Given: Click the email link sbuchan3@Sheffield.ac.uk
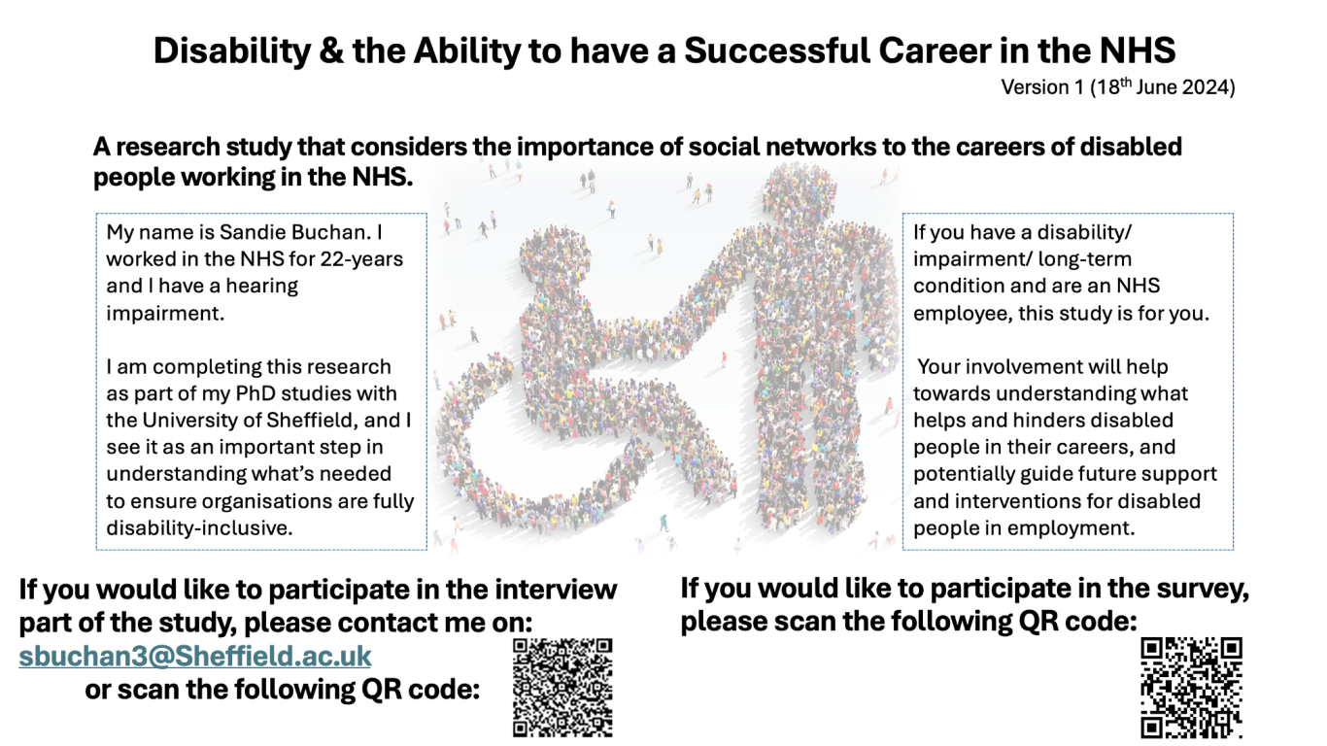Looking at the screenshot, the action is (195, 657).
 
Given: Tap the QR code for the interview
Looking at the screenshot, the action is (562, 688).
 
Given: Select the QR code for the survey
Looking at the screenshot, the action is (1191, 688).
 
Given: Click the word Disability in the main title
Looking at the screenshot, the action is (231, 51).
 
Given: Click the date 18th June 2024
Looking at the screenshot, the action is (1163, 87).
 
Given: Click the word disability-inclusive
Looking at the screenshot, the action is (199, 528).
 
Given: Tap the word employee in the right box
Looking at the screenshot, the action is (962, 314).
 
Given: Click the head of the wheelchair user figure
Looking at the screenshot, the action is (555, 254).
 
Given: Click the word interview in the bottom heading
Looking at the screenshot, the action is (556, 590).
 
